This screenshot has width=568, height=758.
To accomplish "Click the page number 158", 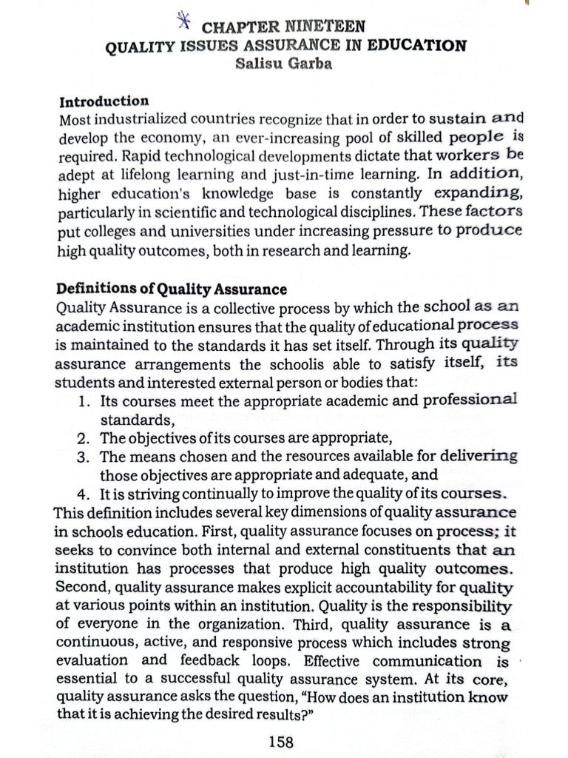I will click(280, 741).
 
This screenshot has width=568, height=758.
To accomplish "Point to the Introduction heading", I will click(104, 101).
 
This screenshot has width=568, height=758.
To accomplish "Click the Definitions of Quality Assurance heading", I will click(172, 289).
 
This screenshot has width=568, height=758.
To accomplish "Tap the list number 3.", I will click(84, 456).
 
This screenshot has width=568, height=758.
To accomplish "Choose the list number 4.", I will click(84, 493).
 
